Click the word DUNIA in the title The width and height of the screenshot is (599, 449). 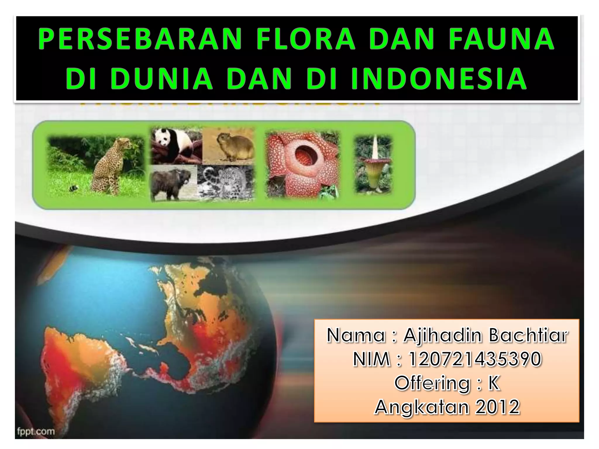(x=162, y=78)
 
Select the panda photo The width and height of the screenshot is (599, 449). (x=176, y=146)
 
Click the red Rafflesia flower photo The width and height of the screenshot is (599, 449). (x=302, y=164)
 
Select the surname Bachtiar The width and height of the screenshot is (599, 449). (x=528, y=335)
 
